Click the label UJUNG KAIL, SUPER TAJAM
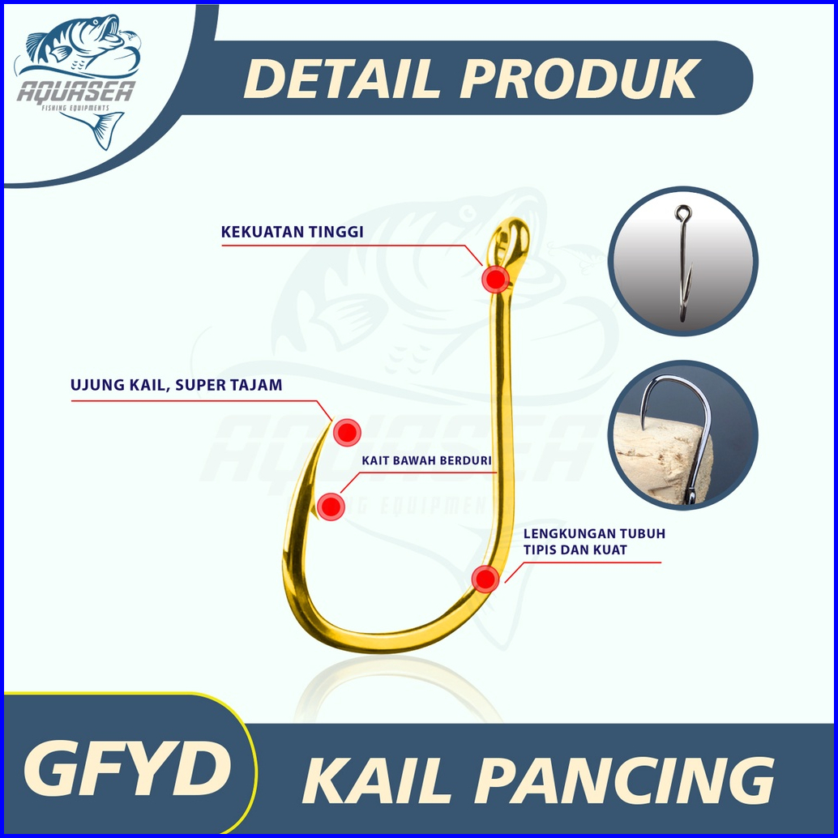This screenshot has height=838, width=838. pos(177,386)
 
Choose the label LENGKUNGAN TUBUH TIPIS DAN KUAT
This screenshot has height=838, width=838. pos(594,542)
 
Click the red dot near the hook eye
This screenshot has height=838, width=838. pos(495,279)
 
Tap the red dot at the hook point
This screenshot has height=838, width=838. pos(347,432)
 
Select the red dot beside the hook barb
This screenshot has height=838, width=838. pos(331,507)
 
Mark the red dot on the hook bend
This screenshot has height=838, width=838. pos(485,579)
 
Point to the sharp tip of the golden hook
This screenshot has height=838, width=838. pos(331,421)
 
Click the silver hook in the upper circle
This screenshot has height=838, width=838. pos(683,263)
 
